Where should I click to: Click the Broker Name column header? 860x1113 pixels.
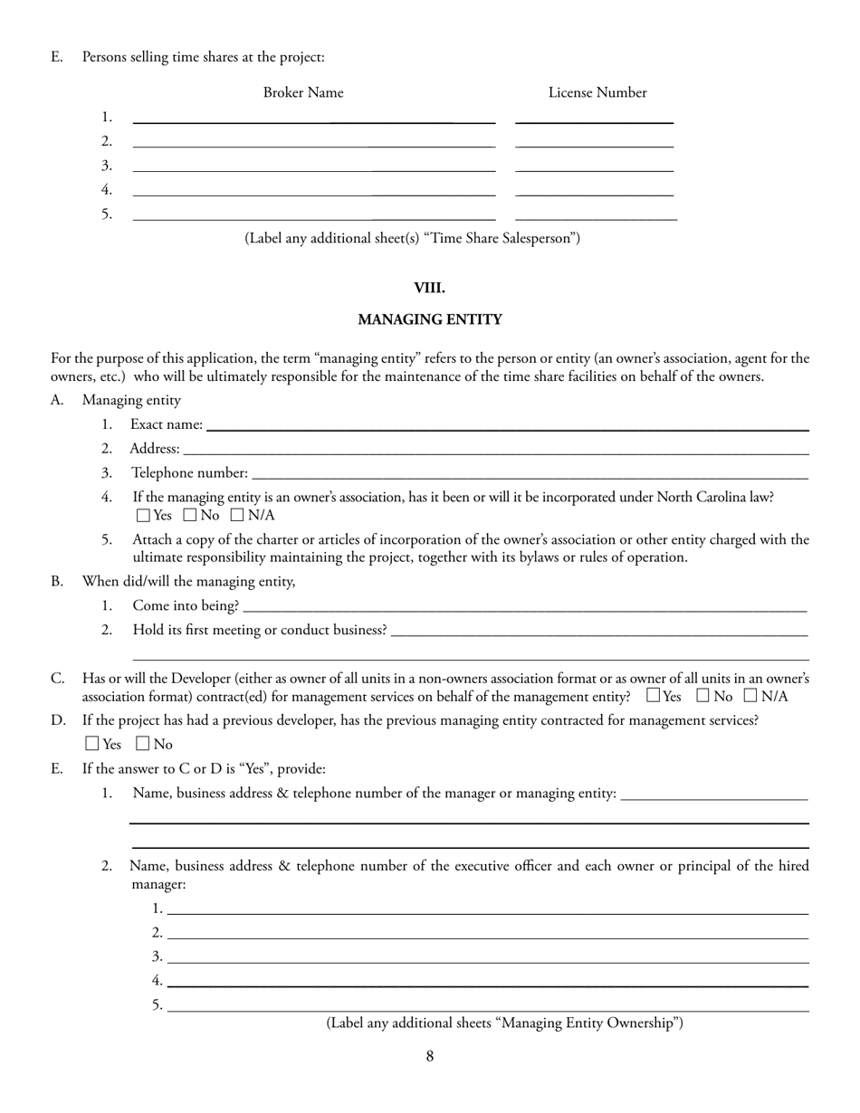303,92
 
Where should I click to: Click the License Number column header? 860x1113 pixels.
597,92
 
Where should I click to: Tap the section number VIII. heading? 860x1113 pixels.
429,288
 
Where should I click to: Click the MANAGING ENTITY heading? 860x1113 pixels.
429,319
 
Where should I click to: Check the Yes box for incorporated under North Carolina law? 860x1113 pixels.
143,516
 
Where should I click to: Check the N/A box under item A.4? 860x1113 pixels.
237,516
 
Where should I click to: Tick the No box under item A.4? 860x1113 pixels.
190,516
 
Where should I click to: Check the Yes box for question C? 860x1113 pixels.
654,696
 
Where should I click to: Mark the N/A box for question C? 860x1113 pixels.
750,696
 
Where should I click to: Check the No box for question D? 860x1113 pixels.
142,745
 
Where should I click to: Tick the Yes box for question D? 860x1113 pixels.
91,745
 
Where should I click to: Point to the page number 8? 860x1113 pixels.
430,1056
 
